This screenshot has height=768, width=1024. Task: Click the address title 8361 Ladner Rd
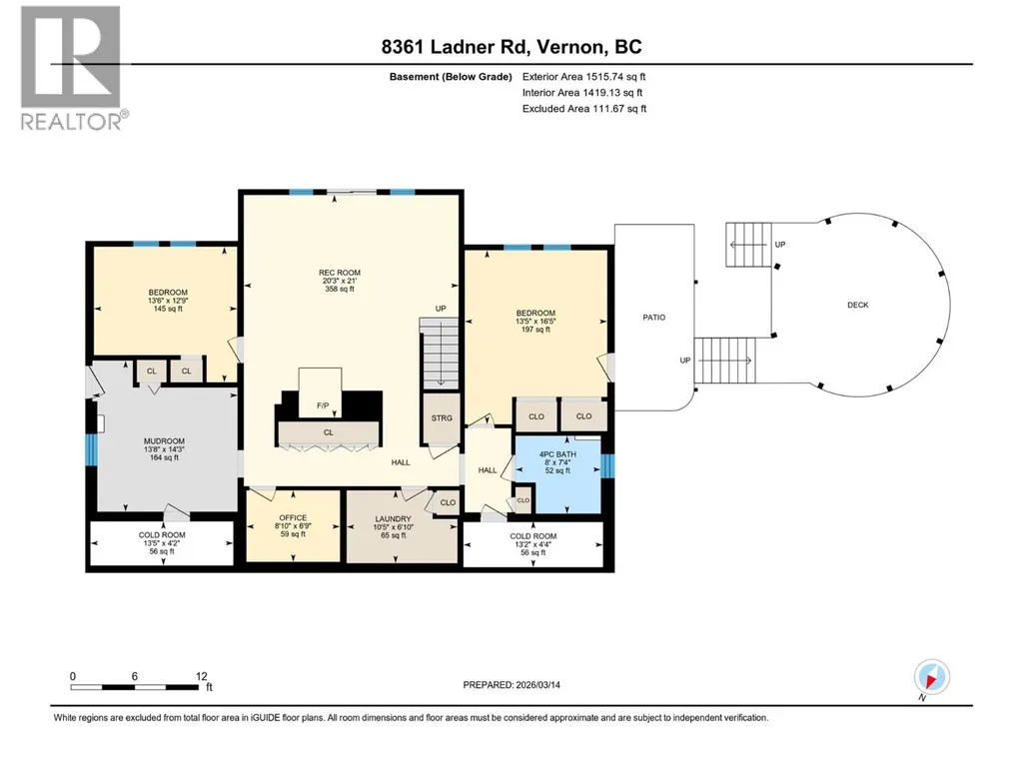click(x=458, y=47)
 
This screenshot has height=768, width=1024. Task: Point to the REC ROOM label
click(x=340, y=273)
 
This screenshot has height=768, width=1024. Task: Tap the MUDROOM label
click(x=164, y=441)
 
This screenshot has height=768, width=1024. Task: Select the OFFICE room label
click(x=293, y=518)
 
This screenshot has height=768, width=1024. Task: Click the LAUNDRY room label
click(x=393, y=518)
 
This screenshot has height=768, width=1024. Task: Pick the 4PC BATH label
click(x=557, y=454)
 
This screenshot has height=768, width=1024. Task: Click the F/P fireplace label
click(x=323, y=405)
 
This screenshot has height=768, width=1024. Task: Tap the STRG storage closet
click(x=442, y=418)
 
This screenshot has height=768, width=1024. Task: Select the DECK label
click(x=857, y=305)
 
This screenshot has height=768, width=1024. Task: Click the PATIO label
click(x=653, y=318)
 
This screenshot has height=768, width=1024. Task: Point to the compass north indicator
click(x=931, y=677)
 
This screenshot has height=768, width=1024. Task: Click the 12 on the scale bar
click(x=201, y=676)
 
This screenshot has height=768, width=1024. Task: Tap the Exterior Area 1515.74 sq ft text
click(x=583, y=77)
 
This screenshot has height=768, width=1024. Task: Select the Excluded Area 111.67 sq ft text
click(x=584, y=109)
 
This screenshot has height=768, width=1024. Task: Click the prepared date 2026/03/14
click(x=538, y=685)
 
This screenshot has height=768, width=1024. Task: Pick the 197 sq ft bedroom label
click(x=535, y=330)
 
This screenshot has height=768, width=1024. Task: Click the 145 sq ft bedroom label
click(x=168, y=309)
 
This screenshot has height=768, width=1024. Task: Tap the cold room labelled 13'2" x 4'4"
click(x=532, y=544)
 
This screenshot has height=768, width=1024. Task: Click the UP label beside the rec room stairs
click(x=441, y=309)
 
